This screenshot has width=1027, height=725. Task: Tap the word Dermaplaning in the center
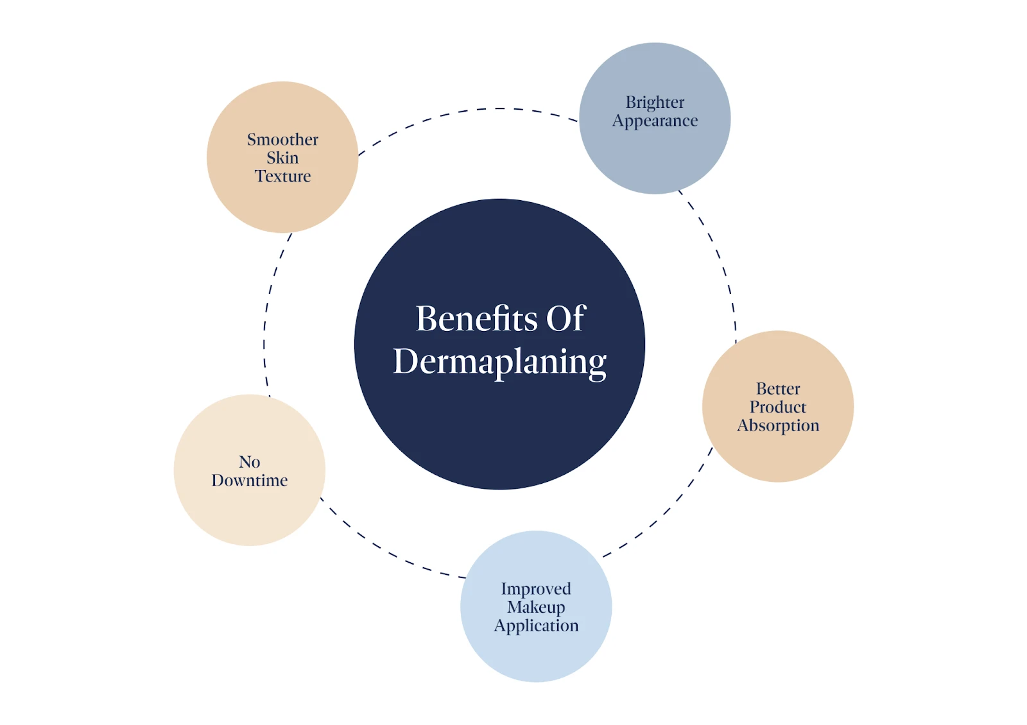tap(499, 362)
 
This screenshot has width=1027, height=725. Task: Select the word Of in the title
tap(565, 318)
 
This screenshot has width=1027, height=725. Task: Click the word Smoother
tap(282, 140)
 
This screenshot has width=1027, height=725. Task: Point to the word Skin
tap(282, 158)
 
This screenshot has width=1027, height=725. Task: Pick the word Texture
tap(282, 176)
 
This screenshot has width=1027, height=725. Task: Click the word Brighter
tap(655, 103)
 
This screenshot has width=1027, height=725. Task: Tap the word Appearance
tap(655, 121)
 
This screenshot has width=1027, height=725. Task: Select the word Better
tap(778, 389)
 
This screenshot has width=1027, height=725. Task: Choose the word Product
tap(778, 407)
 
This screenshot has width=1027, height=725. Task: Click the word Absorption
tap(778, 426)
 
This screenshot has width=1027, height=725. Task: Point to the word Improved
tap(536, 589)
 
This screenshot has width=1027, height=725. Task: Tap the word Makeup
tap(536, 608)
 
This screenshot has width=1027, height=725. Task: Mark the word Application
tap(536, 626)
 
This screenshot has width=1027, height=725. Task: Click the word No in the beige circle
tap(250, 462)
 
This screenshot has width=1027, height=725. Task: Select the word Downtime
tap(250, 481)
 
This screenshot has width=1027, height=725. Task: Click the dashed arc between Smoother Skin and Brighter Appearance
tap(469, 111)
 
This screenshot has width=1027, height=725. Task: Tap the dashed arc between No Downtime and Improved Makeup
tap(385, 552)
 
